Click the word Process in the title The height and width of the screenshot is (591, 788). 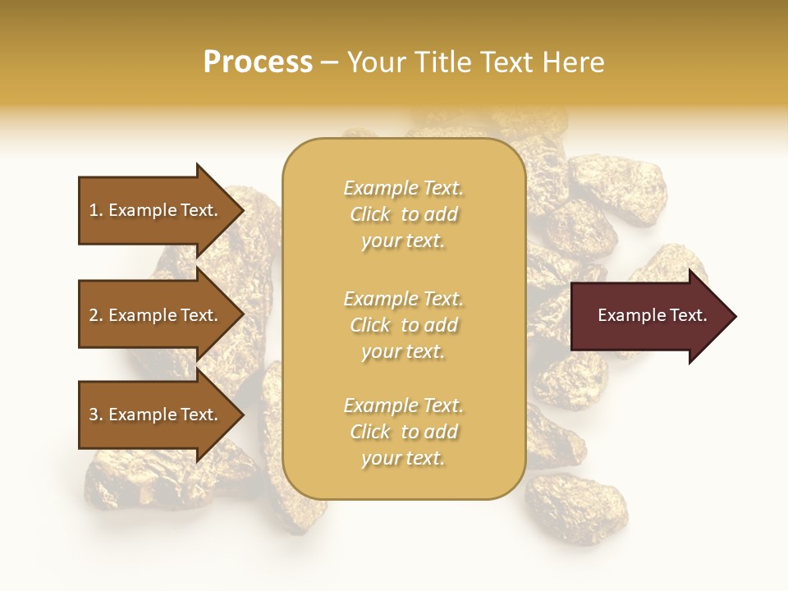258,62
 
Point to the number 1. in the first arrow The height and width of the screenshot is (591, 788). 96,210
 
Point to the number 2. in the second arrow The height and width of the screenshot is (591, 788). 96,315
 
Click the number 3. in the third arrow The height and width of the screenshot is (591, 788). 96,415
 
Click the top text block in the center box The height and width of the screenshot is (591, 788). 403,214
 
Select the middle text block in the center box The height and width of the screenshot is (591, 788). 403,325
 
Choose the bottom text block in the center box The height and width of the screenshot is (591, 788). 403,432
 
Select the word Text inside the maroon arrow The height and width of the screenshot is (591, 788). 687,315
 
